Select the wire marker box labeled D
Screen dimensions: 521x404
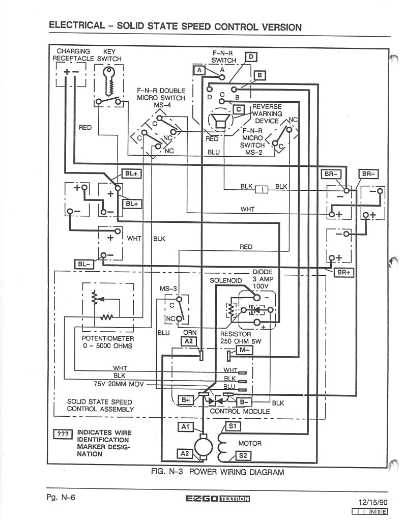coord(251,56)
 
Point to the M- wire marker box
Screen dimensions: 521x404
coord(244,350)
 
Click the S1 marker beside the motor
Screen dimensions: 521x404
coord(233,426)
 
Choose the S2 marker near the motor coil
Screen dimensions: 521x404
coord(243,455)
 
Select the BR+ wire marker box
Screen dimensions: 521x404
coord(343,272)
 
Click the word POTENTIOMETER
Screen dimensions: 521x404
coord(108,338)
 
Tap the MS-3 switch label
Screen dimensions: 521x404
coord(168,288)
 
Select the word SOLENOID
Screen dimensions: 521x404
coord(226,280)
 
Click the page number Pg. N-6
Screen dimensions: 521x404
coord(61,497)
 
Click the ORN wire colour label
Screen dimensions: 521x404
coord(189,333)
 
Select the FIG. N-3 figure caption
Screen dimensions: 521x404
coord(217,472)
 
